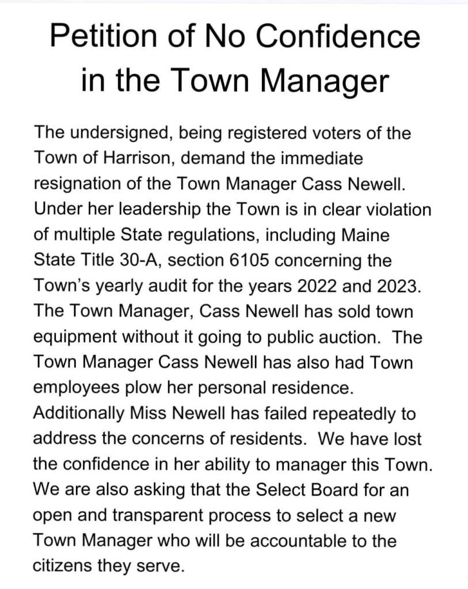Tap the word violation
point(391,209)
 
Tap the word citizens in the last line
point(64,566)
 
